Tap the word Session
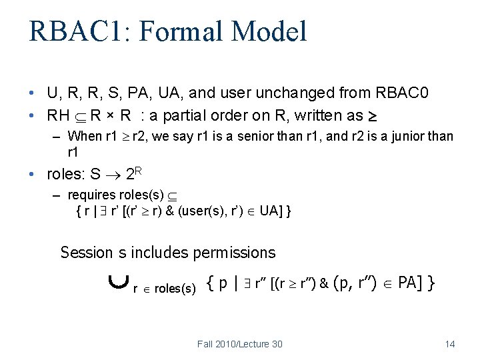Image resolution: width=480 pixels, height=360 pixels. (87, 253)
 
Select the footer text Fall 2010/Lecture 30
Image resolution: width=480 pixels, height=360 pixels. (239, 344)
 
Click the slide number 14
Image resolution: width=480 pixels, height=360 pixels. (449, 344)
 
